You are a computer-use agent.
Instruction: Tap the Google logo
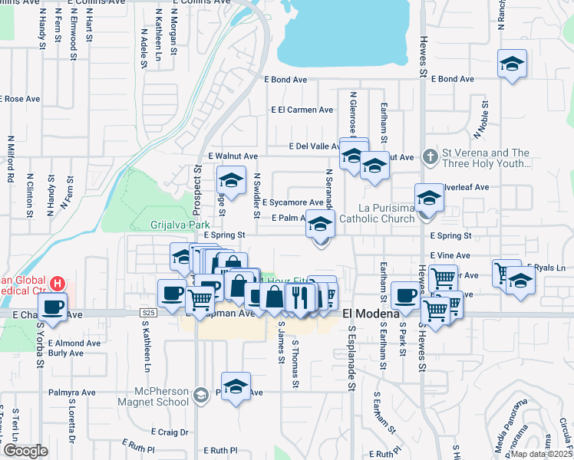point(25,451)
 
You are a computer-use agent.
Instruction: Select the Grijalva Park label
point(175,225)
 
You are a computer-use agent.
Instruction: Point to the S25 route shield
point(149,313)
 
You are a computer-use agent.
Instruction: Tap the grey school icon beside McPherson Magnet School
point(201,396)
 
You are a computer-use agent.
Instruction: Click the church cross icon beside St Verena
point(430,157)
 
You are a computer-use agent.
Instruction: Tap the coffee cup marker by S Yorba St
point(52,307)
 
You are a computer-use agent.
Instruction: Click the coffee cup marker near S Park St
point(405,294)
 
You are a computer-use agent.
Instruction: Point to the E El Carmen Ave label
point(302,110)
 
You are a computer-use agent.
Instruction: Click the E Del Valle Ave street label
point(315,146)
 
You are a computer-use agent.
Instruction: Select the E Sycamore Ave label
point(293,203)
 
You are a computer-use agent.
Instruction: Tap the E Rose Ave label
point(20,99)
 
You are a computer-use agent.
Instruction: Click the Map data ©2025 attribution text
point(540,454)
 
